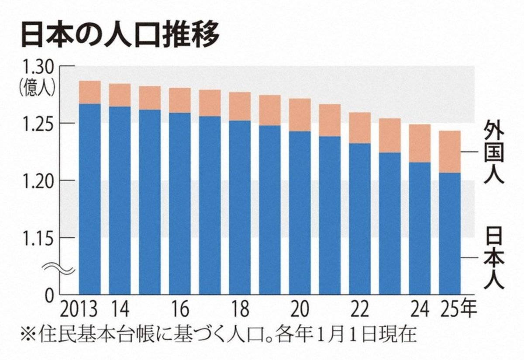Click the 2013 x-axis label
point(79,310)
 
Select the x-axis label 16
point(180,310)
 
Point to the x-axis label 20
point(300,310)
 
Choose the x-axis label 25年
point(456,310)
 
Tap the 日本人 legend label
point(493,257)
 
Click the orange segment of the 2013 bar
point(90,92)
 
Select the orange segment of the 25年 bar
point(450,152)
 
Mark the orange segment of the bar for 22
point(360,128)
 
